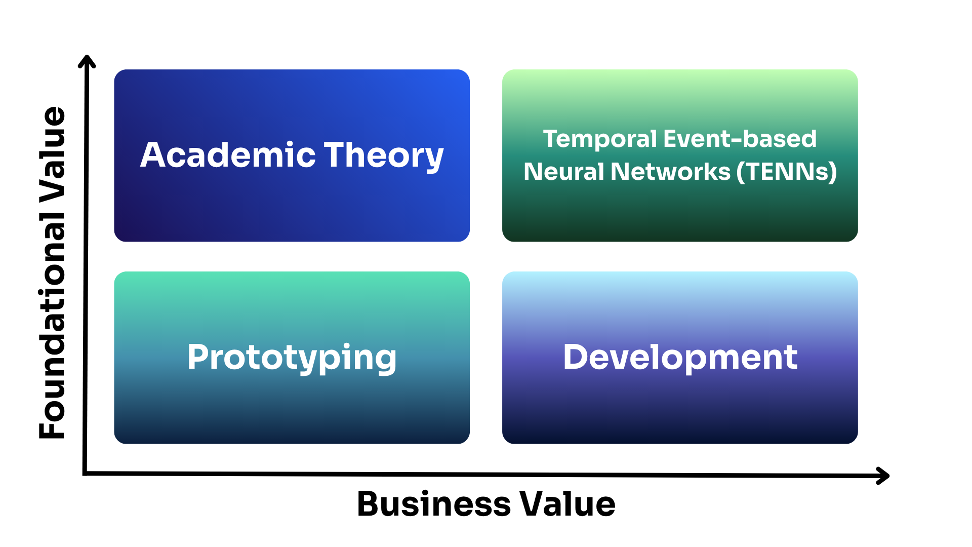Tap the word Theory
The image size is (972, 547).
[x=384, y=157]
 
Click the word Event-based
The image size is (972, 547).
[x=740, y=138]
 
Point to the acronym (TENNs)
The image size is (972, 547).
[x=787, y=172]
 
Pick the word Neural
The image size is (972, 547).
[x=564, y=171]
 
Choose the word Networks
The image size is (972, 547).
[x=671, y=171]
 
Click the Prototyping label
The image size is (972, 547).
[x=292, y=358]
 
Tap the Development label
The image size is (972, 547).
[x=680, y=358]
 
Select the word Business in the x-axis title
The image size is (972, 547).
[x=434, y=504]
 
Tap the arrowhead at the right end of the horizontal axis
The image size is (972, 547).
[x=884, y=476]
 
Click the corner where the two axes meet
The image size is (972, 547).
[x=85, y=474]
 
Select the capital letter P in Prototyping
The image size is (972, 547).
[x=197, y=357]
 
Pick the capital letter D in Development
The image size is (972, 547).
[x=576, y=357]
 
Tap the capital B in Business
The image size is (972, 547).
[x=369, y=504]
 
